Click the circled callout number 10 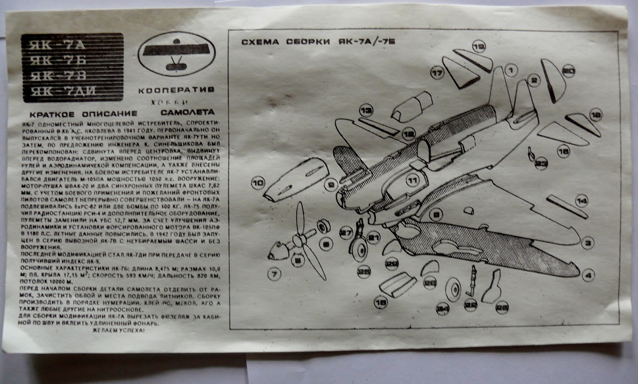[257, 182]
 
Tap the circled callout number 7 [274, 272]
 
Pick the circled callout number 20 [569, 70]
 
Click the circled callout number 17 [437, 72]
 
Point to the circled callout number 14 [581, 200]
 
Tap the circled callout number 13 [366, 109]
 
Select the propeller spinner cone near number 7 [279, 250]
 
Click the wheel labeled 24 [454, 288]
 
